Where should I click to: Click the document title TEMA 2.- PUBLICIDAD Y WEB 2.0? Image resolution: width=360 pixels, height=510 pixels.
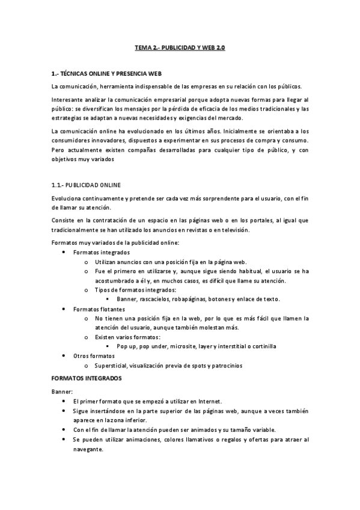(180, 47)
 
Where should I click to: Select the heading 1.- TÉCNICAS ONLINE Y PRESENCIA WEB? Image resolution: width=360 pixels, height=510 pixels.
(106, 73)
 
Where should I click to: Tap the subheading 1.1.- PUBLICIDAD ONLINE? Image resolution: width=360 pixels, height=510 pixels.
(87, 185)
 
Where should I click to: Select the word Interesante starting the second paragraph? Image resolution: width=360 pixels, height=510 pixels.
(69, 99)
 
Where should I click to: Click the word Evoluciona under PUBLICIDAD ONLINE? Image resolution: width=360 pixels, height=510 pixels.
(69, 198)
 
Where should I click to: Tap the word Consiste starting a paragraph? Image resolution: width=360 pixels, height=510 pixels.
(65, 221)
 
